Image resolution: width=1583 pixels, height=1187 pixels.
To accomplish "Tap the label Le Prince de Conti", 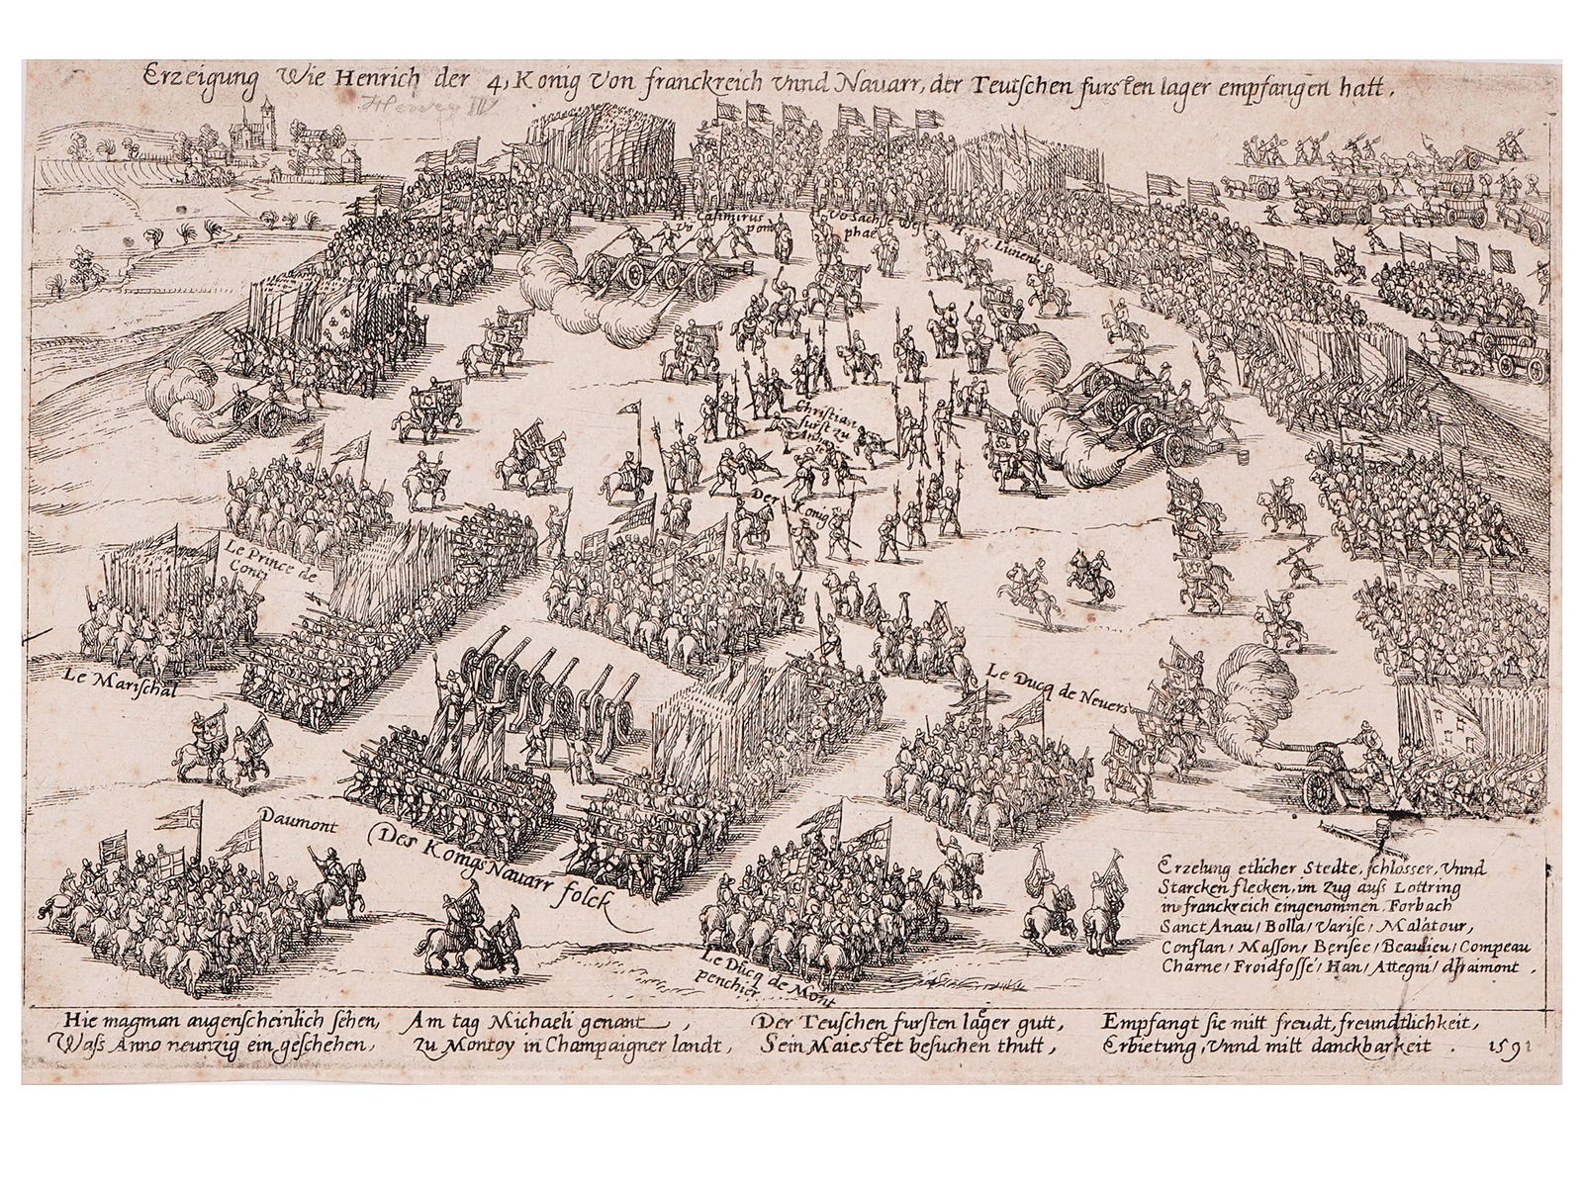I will click(259, 555).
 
